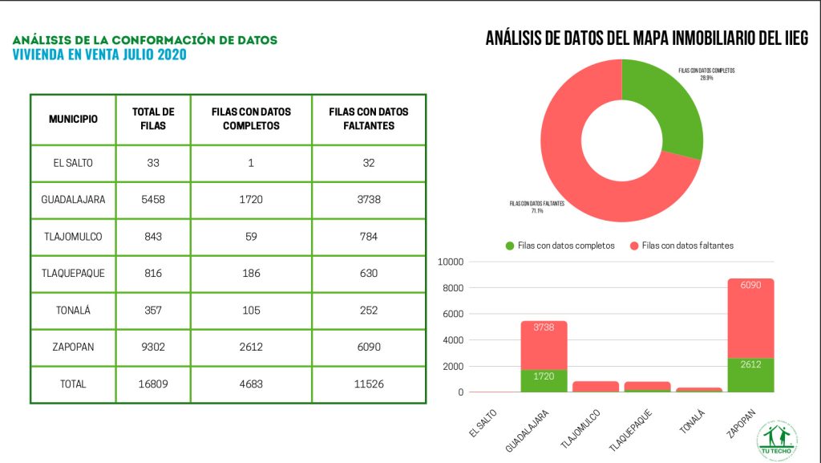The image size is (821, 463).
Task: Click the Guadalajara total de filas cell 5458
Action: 152,199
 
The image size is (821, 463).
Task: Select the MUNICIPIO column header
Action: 73,119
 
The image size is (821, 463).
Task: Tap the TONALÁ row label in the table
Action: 73,310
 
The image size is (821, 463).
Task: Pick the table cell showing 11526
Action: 368,384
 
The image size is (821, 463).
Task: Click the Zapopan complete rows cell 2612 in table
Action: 251,347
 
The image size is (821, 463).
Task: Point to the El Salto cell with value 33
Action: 152,162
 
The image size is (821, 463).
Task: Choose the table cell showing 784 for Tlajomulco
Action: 368,236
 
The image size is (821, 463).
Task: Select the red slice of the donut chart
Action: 577,160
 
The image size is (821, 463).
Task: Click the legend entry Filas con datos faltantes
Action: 687,246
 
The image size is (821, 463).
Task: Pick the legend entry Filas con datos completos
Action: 560,246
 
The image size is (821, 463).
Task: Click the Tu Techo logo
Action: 780,440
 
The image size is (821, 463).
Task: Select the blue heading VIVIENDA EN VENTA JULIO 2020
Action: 99,55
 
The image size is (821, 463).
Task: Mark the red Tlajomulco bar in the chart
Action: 595,386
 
